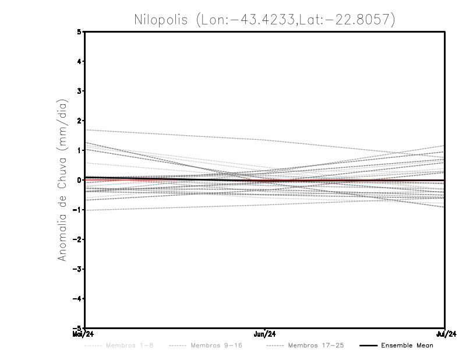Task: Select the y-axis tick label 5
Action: [80, 32]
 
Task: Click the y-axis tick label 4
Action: [80, 61]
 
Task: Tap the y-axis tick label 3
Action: [80, 91]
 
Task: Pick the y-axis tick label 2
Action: [80, 121]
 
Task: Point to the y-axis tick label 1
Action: [80, 150]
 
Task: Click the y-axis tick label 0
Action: [80, 180]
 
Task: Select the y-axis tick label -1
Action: [78, 210]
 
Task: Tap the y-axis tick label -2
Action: [78, 239]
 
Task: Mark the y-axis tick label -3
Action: [78, 269]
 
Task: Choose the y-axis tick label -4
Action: [78, 298]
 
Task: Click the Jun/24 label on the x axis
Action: [265, 334]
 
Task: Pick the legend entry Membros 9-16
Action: [216, 345]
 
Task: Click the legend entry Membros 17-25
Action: [316, 345]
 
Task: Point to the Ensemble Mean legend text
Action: [407, 345]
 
